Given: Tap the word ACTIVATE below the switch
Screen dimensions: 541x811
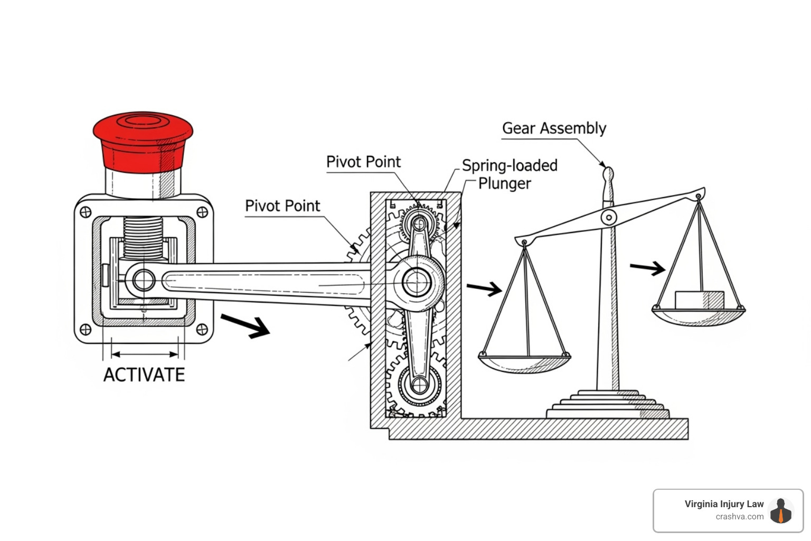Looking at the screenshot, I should click(x=144, y=375).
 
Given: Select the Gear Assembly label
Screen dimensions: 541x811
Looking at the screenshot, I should click(x=554, y=128).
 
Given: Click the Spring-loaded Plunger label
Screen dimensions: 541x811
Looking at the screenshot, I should click(x=509, y=174).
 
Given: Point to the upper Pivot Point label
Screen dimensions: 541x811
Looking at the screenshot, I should click(x=363, y=162).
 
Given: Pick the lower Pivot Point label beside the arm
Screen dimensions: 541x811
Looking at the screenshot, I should click(x=282, y=206).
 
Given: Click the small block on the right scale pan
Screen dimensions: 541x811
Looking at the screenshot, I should click(x=699, y=300).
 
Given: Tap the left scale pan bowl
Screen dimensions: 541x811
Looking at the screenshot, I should click(x=524, y=363).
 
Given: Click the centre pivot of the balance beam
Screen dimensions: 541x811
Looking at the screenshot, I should click(x=609, y=217).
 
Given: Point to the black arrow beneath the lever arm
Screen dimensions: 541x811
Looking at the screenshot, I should click(x=246, y=325).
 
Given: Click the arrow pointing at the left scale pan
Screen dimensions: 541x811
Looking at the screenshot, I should click(x=484, y=288).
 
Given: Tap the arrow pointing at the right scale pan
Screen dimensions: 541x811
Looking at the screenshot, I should click(x=647, y=268).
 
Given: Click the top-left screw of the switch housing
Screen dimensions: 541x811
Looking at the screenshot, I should click(x=85, y=212).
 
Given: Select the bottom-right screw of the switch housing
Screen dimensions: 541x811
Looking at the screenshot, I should click(x=202, y=330).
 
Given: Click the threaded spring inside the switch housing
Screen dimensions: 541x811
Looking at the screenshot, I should click(x=144, y=237).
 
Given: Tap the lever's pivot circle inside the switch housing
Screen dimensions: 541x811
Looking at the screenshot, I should click(x=144, y=280).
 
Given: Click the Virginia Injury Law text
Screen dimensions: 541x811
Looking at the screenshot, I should click(x=724, y=504).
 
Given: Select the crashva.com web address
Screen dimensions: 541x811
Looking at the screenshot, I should click(x=739, y=517).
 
